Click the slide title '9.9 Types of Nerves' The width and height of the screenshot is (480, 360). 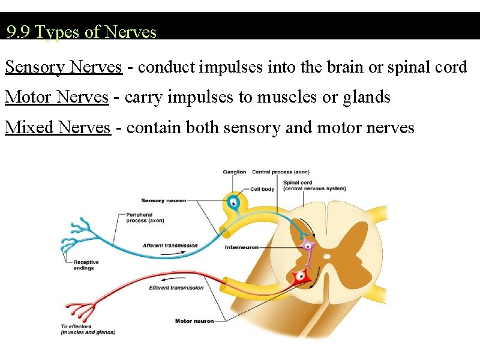(82, 31)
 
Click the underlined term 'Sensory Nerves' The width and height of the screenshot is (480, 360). (64, 67)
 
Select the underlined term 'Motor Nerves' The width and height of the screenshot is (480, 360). (57, 97)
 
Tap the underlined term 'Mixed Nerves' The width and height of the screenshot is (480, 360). (58, 127)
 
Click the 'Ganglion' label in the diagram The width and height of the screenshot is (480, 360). (235, 172)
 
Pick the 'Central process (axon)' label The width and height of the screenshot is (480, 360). (280, 172)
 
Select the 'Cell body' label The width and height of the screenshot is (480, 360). (262, 189)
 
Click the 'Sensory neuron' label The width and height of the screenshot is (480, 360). (163, 200)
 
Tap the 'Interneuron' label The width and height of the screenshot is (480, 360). (241, 247)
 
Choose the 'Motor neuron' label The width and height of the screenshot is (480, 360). (194, 321)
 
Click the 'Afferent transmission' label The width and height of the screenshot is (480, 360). (170, 245)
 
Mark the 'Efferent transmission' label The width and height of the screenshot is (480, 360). (176, 288)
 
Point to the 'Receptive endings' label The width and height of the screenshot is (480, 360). (86, 265)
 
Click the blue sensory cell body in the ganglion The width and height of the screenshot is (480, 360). (233, 202)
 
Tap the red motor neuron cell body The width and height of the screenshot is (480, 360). (300, 276)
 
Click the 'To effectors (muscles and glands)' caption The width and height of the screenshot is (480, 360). (88, 329)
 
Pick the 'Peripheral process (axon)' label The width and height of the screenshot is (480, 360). (145, 217)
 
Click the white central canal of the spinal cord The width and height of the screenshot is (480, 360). (326, 256)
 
